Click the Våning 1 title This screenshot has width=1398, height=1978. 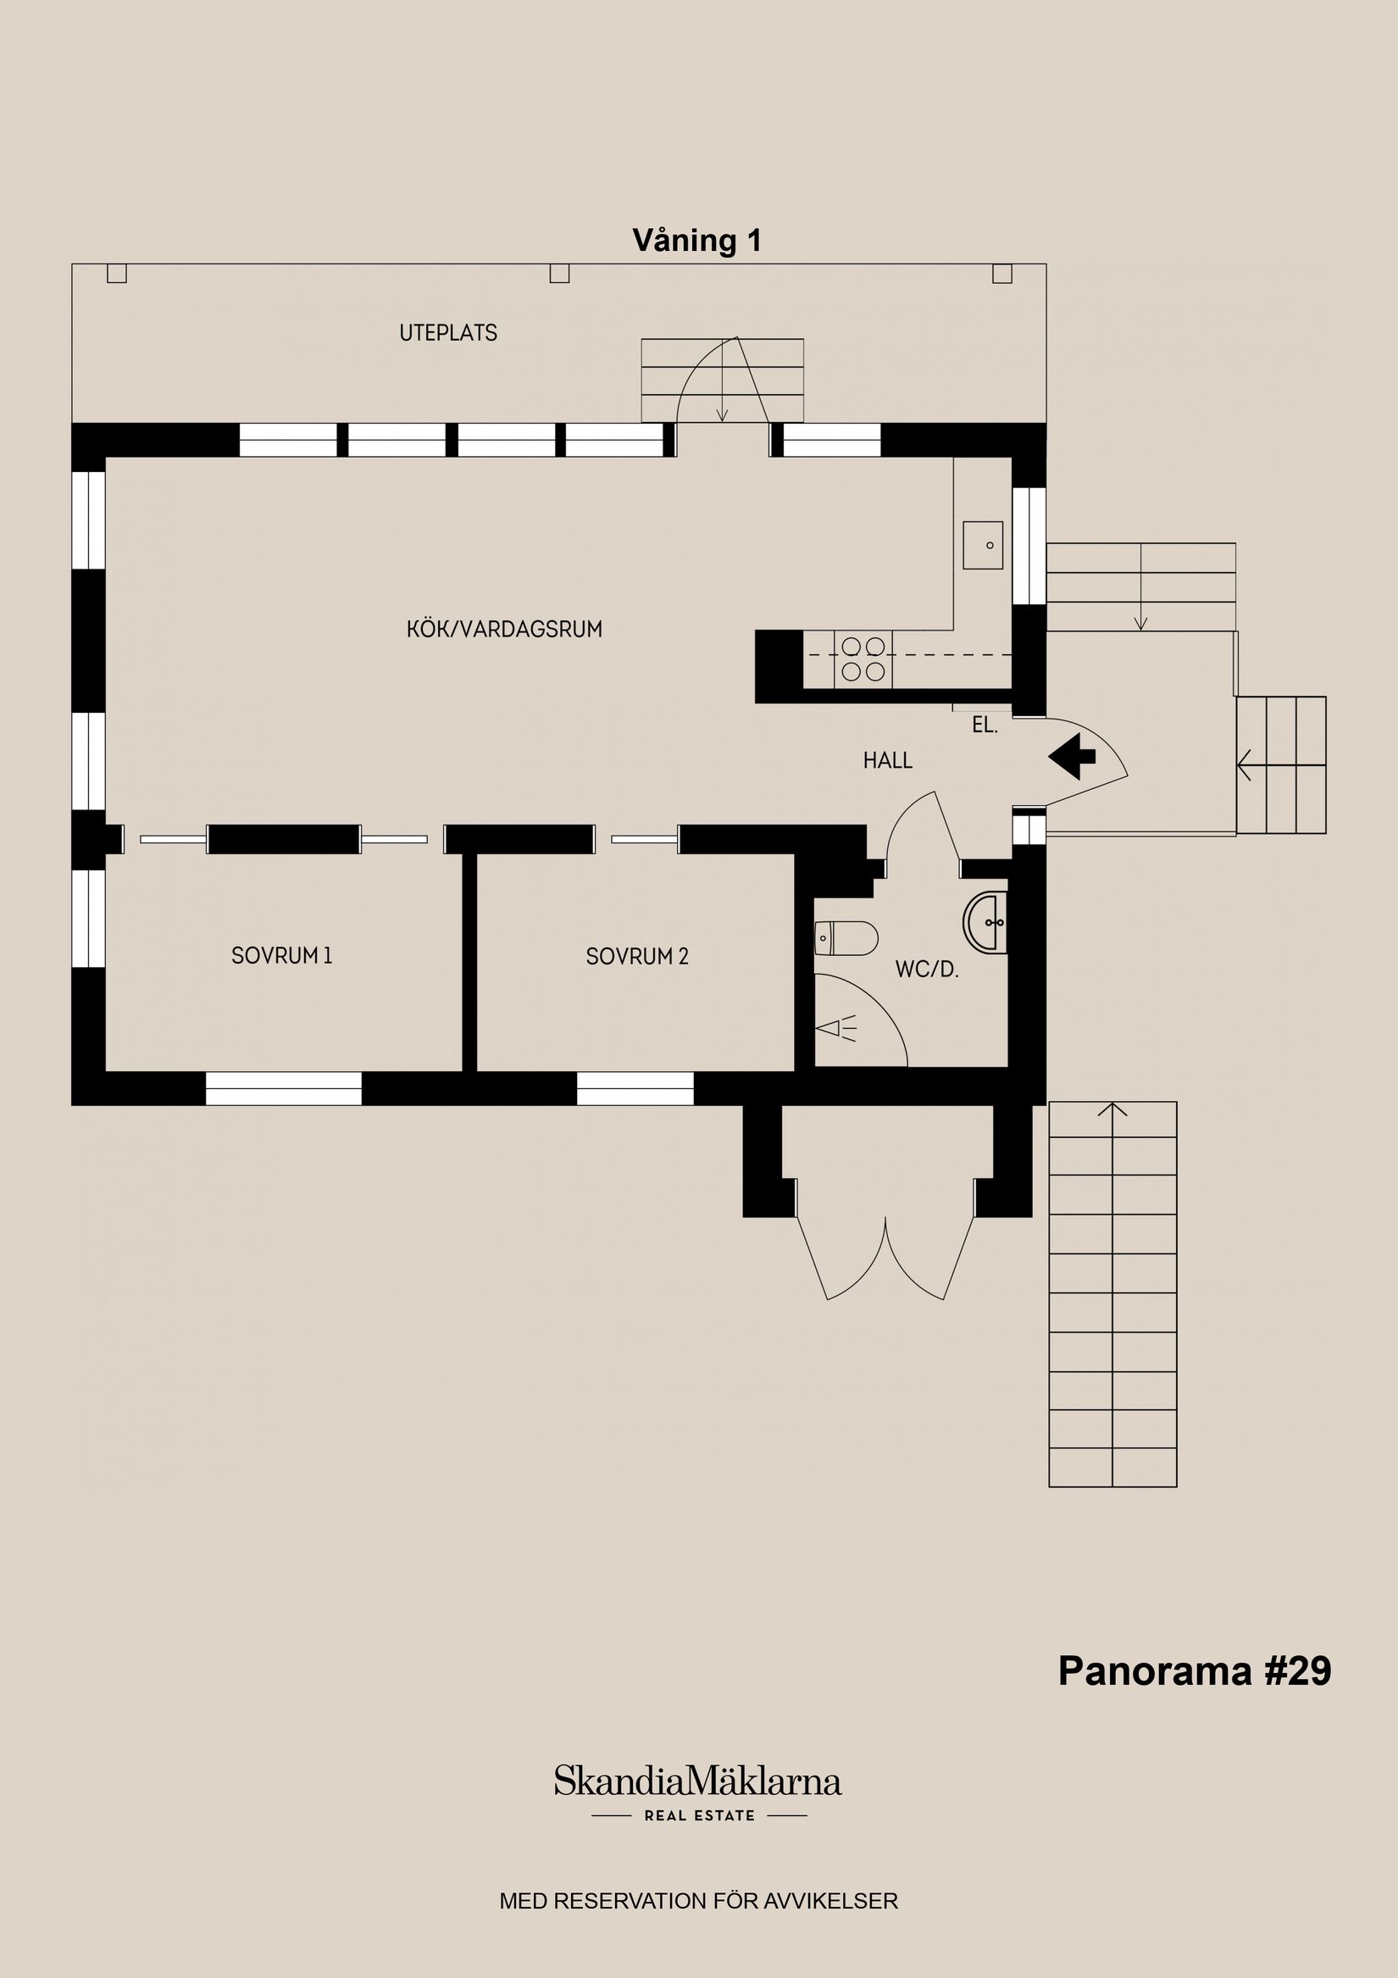click(696, 241)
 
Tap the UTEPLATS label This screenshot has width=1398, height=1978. click(448, 333)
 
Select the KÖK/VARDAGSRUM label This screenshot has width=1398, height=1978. click(504, 629)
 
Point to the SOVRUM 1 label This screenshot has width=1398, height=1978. click(281, 955)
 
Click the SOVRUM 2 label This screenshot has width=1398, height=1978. click(637, 956)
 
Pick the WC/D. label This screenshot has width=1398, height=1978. click(927, 970)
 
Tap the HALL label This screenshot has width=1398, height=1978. click(887, 761)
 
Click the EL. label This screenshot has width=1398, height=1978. click(985, 725)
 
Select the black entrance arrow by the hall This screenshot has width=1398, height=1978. click(1072, 757)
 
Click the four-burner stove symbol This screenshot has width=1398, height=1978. click(863, 659)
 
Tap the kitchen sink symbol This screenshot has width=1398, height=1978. click(983, 545)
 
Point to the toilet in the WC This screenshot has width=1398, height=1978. click(846, 938)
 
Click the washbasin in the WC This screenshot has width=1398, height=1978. click(985, 923)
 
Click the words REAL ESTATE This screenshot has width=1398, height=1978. click(700, 1815)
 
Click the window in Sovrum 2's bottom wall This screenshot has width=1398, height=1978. click(635, 1088)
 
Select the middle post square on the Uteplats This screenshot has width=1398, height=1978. click(560, 273)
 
